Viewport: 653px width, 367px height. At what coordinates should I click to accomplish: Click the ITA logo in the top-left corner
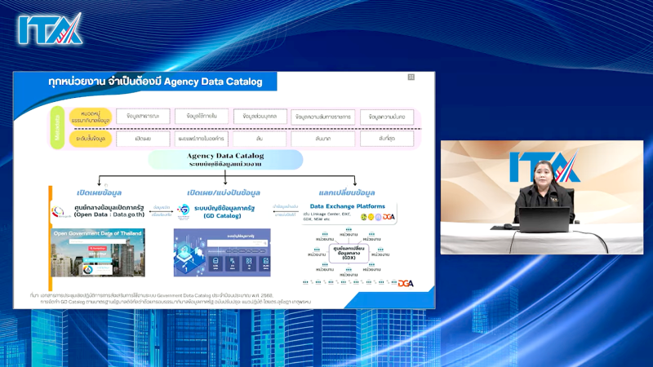[50, 29]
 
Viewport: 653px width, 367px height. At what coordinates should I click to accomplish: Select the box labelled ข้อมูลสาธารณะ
[143, 116]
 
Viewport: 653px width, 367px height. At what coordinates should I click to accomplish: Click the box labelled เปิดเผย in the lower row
[143, 139]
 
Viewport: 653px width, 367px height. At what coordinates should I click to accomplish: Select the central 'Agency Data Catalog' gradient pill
[225, 159]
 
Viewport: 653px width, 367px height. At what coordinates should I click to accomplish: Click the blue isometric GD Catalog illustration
[221, 253]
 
